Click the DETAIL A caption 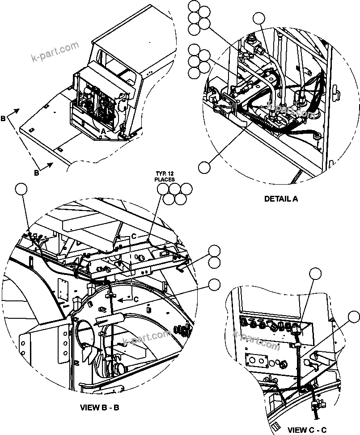click(x=281, y=199)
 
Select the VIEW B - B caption click(x=100, y=407)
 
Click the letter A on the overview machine click(x=103, y=131)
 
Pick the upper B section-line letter click(x=3, y=119)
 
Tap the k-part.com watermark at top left click(x=55, y=52)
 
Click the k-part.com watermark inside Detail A click(x=291, y=110)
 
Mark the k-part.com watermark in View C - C click(x=257, y=340)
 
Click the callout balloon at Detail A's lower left click(x=204, y=167)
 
